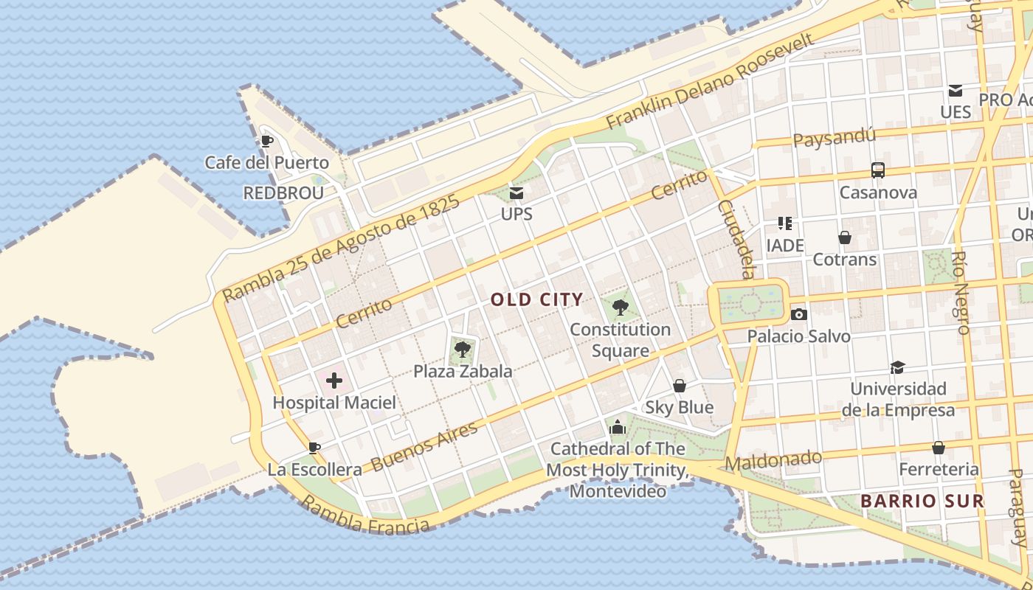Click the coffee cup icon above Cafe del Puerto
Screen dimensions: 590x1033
(267, 141)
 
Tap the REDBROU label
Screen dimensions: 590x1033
(283, 193)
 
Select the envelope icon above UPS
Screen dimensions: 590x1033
(516, 193)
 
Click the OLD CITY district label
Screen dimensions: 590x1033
(536, 299)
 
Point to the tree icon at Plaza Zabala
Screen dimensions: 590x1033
(463, 350)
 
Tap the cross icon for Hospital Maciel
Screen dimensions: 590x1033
(334, 381)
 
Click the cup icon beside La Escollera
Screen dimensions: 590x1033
(314, 448)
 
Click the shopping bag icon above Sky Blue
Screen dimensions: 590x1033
(680, 386)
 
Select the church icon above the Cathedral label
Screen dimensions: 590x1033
(618, 427)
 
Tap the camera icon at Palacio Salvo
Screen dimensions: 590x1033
(798, 315)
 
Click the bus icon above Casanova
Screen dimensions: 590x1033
(878, 170)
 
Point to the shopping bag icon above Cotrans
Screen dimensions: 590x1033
(845, 237)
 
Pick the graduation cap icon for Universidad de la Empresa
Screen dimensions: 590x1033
(897, 367)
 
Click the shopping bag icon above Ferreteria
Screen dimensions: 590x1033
(939, 448)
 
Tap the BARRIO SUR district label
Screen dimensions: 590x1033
(922, 502)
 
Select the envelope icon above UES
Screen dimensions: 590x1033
(956, 91)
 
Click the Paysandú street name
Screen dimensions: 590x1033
(835, 137)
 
